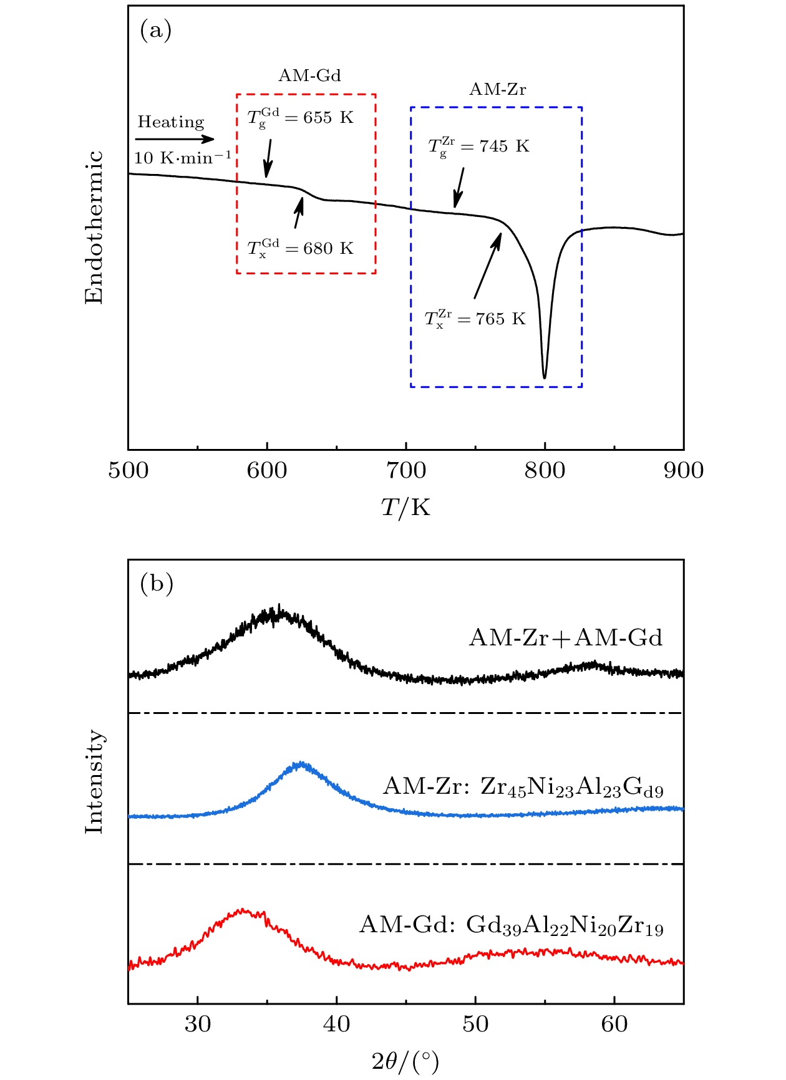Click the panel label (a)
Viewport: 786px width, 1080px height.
pyautogui.click(x=155, y=31)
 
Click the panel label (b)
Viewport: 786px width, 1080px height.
pyautogui.click(x=156, y=584)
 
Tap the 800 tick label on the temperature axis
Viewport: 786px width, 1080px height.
pyautogui.click(x=545, y=470)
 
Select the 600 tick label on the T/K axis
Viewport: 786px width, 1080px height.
pyautogui.click(x=267, y=470)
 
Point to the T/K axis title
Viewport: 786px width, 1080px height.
pyautogui.click(x=405, y=508)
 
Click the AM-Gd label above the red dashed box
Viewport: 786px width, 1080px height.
pyautogui.click(x=309, y=75)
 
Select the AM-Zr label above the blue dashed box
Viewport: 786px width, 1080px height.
pyautogui.click(x=497, y=89)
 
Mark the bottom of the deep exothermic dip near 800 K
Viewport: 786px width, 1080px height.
pyautogui.click(x=545, y=377)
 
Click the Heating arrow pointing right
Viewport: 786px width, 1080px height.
pyautogui.click(x=175, y=139)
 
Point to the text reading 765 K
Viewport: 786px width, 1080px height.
pyautogui.click(x=500, y=319)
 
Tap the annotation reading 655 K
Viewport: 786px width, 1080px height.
pyautogui.click(x=328, y=117)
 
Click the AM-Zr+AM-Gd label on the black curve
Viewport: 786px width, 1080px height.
pyautogui.click(x=565, y=638)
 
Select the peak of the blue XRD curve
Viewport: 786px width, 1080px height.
pyautogui.click(x=302, y=763)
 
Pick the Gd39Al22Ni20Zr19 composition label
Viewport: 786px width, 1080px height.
pyautogui.click(x=565, y=925)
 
